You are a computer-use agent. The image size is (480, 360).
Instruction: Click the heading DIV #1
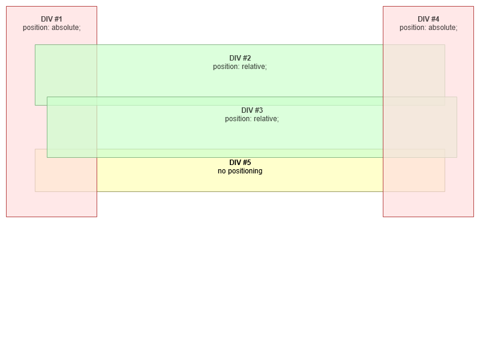click(52, 19)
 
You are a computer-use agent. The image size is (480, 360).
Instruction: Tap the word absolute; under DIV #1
click(66, 28)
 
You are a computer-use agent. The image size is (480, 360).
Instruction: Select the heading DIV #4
click(428, 19)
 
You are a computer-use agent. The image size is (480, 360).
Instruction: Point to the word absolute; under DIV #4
click(443, 28)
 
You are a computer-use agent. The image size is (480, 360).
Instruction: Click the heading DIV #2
click(240, 58)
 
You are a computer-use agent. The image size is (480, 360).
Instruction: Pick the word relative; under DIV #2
click(254, 67)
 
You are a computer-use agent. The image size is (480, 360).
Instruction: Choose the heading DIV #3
click(252, 110)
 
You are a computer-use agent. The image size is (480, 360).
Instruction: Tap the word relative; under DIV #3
click(266, 119)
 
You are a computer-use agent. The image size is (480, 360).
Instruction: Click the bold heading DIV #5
click(240, 163)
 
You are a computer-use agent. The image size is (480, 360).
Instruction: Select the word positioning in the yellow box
click(245, 171)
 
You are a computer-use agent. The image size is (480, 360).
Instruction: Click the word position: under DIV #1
click(36, 28)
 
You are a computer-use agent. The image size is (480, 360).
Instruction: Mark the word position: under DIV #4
click(413, 28)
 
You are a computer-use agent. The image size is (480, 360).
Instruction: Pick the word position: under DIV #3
click(238, 119)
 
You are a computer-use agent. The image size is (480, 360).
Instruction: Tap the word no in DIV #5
click(221, 171)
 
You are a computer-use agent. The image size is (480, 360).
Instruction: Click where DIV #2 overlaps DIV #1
click(66, 71)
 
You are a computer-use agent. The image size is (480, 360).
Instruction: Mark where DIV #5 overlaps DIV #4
click(414, 175)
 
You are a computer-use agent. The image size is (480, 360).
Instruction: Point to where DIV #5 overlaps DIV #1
click(66, 175)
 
